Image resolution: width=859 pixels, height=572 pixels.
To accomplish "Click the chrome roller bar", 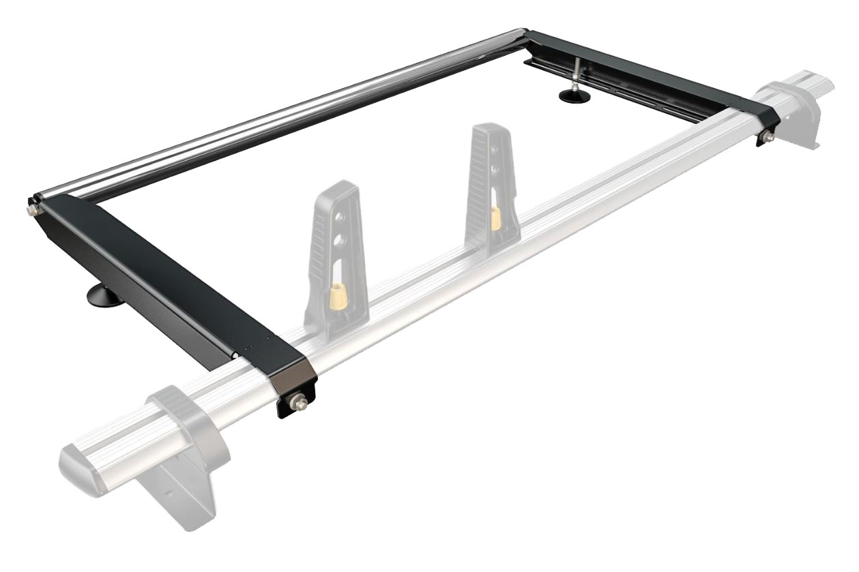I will coord(273,116).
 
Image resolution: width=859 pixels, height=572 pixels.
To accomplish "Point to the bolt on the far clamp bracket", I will coord(767,138).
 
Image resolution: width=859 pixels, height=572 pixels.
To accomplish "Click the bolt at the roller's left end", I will coord(32,210).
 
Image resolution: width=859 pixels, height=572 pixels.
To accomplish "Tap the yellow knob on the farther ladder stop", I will coord(496,217).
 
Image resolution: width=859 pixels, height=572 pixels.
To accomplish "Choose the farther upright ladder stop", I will coord(491,184).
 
